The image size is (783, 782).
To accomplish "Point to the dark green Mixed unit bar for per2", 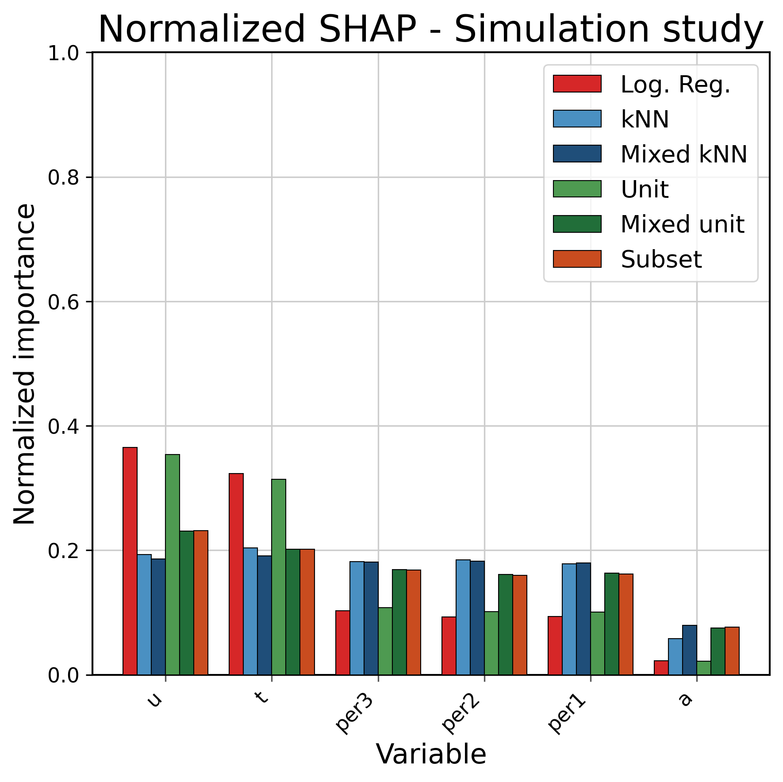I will (x=505, y=624).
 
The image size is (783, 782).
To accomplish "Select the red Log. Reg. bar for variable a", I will (x=661, y=667).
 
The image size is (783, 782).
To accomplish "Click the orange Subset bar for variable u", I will (x=201, y=602).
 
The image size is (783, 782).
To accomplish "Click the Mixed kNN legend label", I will (x=683, y=154).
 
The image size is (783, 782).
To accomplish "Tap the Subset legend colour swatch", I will (x=577, y=259).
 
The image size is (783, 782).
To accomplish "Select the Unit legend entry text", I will (x=644, y=189).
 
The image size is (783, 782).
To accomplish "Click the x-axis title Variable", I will (x=431, y=754).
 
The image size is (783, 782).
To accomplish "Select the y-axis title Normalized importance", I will (x=24, y=363).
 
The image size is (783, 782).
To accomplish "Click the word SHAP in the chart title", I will (x=367, y=29).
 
